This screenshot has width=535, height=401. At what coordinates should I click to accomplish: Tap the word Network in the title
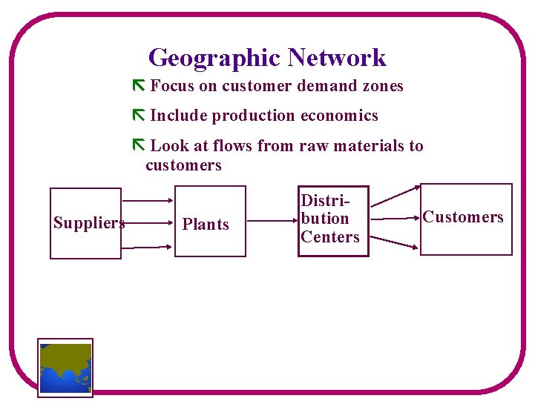point(337,58)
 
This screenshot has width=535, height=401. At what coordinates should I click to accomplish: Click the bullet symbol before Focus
point(137,86)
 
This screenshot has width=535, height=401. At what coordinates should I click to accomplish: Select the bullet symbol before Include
point(137,116)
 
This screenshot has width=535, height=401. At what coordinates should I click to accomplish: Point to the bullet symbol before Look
point(137,145)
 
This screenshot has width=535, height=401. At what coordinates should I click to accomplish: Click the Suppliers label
point(88,223)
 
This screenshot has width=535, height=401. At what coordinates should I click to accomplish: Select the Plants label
point(206,224)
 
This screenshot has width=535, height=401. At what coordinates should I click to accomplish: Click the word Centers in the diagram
point(330,237)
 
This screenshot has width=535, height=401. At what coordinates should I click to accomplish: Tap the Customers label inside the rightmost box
point(463,217)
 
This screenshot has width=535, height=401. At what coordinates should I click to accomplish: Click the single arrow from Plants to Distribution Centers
point(272,220)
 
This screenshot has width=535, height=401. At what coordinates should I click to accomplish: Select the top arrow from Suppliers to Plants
point(148,201)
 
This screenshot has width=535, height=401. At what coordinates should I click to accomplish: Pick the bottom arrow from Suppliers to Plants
point(148,246)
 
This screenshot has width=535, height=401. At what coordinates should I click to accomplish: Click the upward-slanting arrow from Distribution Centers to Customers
point(394,195)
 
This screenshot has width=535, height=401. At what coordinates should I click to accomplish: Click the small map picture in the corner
point(65,368)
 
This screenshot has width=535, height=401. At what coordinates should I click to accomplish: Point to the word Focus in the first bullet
point(172,86)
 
